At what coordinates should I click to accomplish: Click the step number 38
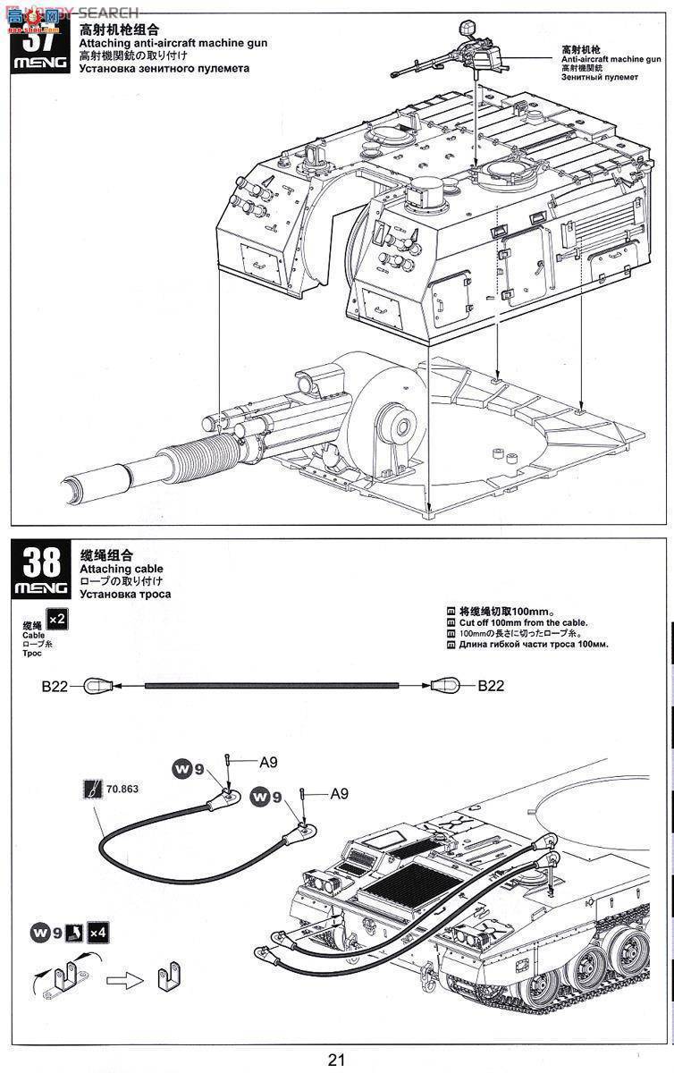(41, 562)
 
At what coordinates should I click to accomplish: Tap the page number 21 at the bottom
(336, 1060)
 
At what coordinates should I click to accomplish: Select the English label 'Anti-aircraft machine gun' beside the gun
(611, 58)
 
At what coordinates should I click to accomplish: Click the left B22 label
(55, 686)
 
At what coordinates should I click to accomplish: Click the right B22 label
(490, 686)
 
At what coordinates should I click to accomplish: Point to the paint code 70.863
(122, 790)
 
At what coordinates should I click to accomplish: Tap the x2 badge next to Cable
(57, 619)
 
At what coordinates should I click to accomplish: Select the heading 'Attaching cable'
(116, 569)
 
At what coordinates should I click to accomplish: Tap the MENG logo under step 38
(41, 588)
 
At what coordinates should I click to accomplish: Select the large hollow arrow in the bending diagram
(124, 980)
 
